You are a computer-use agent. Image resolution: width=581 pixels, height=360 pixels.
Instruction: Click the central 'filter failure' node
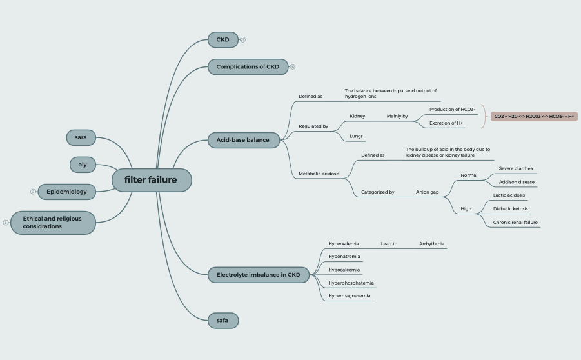pos(152,180)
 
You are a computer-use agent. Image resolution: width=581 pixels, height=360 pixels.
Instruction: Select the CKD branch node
pos(222,40)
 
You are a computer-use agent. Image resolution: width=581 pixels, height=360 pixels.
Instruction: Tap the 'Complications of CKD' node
pos(248,67)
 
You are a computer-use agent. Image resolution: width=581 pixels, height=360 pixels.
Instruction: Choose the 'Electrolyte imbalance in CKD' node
pos(258,275)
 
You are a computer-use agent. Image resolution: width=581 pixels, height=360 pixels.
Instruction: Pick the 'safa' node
pos(222,320)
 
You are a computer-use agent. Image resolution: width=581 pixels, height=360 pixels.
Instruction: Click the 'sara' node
pos(81,137)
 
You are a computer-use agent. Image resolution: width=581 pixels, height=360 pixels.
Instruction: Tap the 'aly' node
pos(83,165)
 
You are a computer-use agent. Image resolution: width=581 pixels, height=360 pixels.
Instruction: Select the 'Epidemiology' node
pos(66,192)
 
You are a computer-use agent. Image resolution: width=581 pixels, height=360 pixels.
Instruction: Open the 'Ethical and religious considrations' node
pos(53,223)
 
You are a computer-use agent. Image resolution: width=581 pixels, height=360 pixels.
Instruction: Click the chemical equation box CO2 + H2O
pos(534,117)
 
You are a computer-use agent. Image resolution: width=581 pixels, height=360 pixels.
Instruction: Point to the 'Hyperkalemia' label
pos(343,244)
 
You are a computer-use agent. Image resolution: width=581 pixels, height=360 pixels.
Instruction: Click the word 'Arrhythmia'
pos(431,244)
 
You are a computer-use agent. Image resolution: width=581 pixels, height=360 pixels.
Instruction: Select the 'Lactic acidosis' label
pos(509,195)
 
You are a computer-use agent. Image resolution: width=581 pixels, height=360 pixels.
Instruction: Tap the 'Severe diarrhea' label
pos(516,168)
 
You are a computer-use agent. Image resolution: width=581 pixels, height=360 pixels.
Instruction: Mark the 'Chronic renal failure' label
pos(515,223)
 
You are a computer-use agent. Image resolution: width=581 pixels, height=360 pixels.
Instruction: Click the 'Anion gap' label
pos(427,192)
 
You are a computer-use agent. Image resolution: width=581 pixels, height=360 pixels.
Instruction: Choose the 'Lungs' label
pos(356,136)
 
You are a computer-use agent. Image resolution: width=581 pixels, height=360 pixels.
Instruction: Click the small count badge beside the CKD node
pos(242,40)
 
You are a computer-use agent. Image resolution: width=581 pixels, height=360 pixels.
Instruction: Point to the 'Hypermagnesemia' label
pos(349,296)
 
